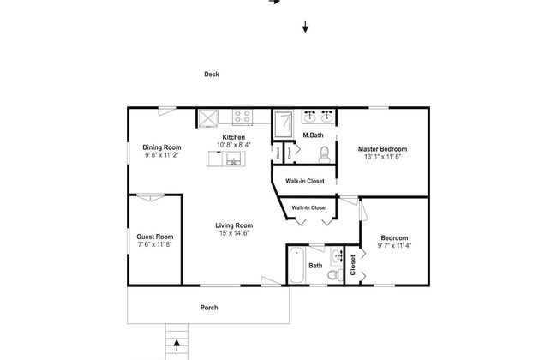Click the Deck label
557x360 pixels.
(212, 75)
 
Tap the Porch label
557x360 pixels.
(209, 308)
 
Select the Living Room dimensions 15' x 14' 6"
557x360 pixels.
(234, 233)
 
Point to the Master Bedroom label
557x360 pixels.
(382, 149)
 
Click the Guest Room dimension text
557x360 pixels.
(155, 244)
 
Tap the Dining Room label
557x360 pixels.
(162, 147)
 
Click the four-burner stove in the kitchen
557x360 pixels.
(243, 117)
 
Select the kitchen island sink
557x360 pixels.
(234, 159)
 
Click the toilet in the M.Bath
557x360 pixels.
(324, 155)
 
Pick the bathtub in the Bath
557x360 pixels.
(296, 265)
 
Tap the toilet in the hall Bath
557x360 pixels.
(334, 274)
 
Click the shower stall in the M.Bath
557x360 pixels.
(283, 124)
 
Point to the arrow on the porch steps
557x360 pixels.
(177, 345)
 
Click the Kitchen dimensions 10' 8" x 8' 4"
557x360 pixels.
(234, 145)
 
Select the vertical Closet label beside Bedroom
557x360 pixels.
(353, 265)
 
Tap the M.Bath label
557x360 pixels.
(313, 135)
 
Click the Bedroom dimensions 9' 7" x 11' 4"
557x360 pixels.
(394, 245)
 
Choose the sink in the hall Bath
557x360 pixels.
(337, 255)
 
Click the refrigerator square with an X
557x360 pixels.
(208, 117)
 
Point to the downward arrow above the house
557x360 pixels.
(305, 27)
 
